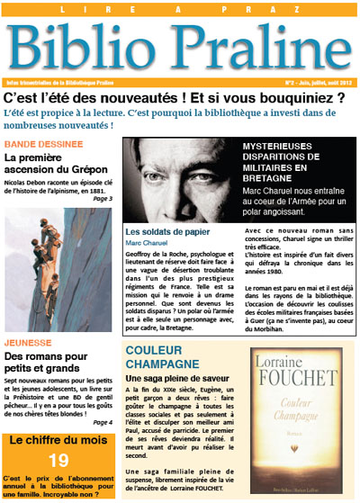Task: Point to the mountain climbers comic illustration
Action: [x=58, y=280]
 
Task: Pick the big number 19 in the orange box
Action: [x=58, y=461]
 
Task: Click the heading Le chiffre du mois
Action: [x=58, y=441]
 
